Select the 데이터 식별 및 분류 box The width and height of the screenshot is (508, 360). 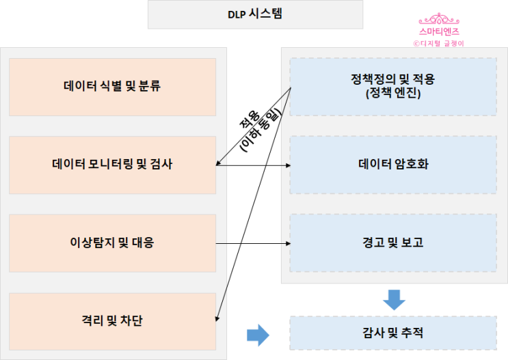coord(112,87)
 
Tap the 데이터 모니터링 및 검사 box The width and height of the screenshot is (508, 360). coord(112,165)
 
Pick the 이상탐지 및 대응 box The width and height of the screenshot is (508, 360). coord(112,243)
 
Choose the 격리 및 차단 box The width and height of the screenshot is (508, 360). coord(112,320)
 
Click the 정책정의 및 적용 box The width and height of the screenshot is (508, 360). coord(393,86)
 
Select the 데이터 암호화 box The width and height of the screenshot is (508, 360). coord(393,165)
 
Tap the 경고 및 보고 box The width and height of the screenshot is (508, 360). coord(393,243)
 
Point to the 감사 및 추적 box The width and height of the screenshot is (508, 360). coord(393,333)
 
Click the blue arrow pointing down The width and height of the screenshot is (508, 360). coord(394,299)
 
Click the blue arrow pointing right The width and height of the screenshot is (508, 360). coord(257,334)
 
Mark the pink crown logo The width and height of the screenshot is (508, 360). coord(439,20)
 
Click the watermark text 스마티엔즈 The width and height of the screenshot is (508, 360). coord(439,31)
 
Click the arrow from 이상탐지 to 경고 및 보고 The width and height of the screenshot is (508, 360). coord(253,243)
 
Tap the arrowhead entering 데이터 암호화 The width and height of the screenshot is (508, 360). coord(287,165)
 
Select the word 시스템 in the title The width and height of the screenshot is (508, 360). coord(267,14)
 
